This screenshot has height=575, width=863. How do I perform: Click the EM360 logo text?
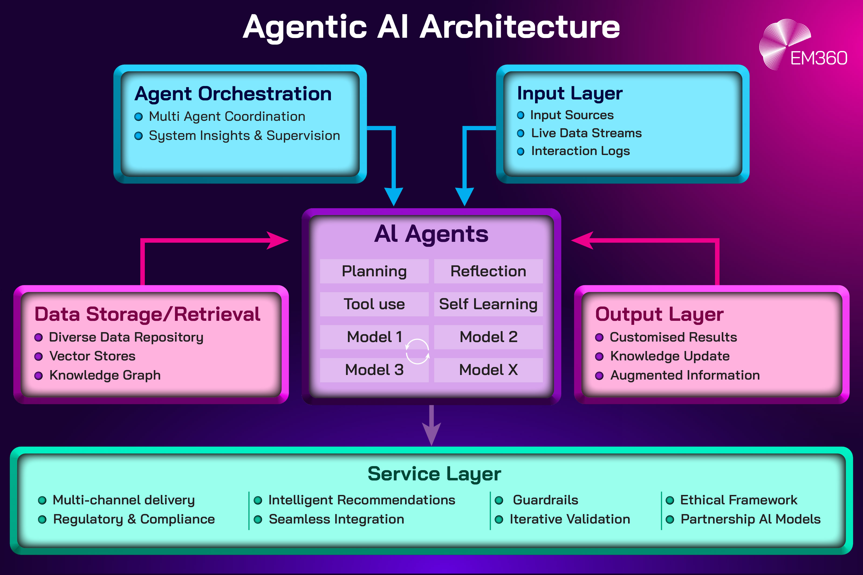(818, 58)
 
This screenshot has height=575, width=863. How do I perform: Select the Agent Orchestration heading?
(233, 94)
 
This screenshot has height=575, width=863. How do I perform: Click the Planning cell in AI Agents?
(374, 271)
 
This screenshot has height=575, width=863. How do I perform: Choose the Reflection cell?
(488, 271)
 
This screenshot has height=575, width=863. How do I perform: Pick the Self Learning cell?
(488, 304)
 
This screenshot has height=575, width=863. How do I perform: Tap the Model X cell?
(488, 370)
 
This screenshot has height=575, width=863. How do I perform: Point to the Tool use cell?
(374, 304)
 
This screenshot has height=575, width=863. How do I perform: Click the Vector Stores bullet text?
(93, 356)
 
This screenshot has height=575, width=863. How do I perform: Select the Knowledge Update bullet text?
(670, 356)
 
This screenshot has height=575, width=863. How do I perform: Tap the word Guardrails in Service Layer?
(545, 500)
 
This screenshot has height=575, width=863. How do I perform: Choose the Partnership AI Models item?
(750, 519)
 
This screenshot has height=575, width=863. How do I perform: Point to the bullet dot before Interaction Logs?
(520, 152)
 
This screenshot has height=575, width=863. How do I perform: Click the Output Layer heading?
(659, 314)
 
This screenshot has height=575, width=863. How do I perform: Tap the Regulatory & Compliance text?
(134, 519)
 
